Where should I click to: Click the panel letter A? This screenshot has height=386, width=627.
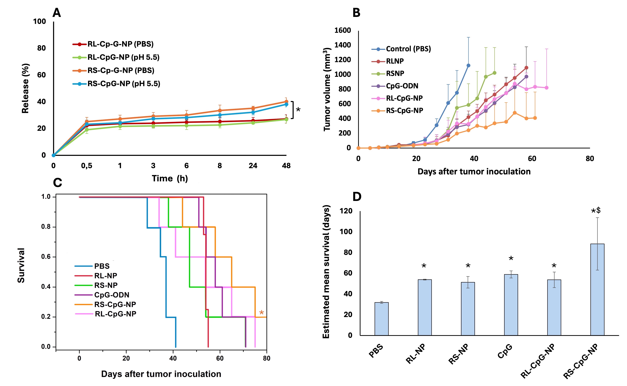(x=57, y=13)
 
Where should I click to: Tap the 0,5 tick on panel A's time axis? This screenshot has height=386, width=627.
(x=87, y=166)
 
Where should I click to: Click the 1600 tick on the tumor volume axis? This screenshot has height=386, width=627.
(x=343, y=30)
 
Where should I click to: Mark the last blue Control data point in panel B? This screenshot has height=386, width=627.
(x=468, y=66)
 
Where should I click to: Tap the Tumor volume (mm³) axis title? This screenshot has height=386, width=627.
(x=327, y=89)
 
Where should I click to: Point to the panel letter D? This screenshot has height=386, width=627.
(x=357, y=197)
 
